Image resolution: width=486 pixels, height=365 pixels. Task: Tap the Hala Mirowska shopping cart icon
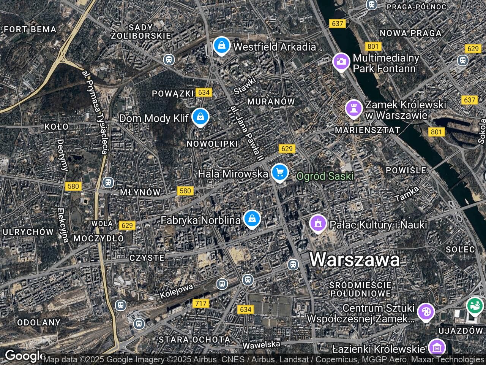(280, 173)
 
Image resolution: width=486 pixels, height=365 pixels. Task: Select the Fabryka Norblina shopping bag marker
(251, 219)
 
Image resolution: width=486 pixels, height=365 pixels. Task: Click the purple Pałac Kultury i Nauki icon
(318, 223)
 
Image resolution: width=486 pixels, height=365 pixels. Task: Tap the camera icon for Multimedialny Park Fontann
(341, 61)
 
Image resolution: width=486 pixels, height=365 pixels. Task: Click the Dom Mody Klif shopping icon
(200, 117)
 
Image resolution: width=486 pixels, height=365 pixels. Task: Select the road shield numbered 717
(200, 303)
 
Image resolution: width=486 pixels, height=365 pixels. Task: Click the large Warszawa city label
(355, 260)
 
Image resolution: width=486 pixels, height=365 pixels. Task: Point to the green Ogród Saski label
(325, 176)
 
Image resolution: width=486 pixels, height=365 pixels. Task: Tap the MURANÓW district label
(271, 102)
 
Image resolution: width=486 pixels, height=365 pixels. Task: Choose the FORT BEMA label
(30, 29)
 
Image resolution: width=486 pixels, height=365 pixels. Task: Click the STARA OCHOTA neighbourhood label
(194, 340)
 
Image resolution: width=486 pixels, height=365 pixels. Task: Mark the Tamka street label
(407, 194)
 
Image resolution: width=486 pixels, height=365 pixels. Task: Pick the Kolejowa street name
(177, 290)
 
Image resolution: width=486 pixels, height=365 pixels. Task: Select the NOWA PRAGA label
(410, 33)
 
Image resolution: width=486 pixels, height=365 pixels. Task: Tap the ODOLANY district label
(39, 322)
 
